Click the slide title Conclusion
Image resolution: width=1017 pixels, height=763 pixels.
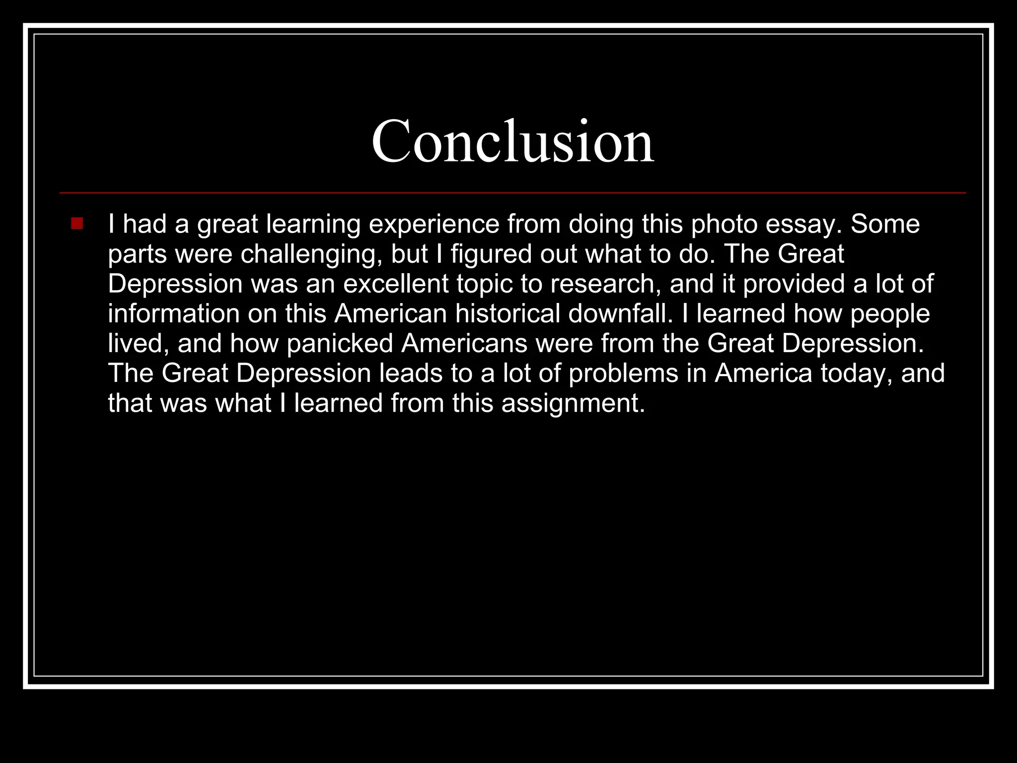click(x=512, y=142)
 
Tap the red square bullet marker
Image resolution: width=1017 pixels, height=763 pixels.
click(x=77, y=224)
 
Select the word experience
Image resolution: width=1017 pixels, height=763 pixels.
click(x=434, y=225)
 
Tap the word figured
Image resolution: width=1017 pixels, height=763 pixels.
click(x=491, y=254)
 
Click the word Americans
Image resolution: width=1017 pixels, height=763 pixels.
click(x=464, y=343)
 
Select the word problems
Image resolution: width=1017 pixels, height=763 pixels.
click(x=623, y=373)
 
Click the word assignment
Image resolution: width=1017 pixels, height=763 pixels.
click(x=573, y=403)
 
